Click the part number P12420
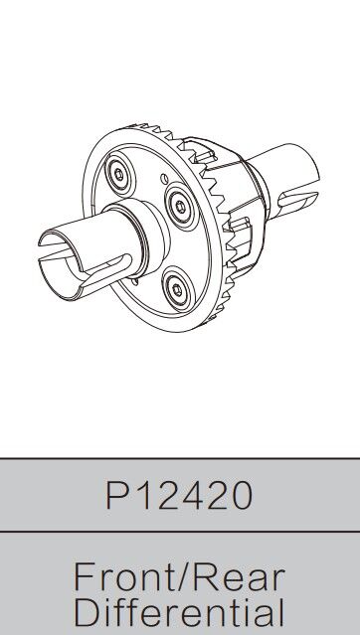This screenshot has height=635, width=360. point(179,495)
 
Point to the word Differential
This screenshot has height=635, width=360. point(179,614)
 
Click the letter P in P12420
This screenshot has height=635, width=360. point(116,495)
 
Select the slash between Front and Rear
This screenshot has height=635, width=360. point(181,578)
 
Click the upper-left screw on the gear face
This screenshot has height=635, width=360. point(118,174)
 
